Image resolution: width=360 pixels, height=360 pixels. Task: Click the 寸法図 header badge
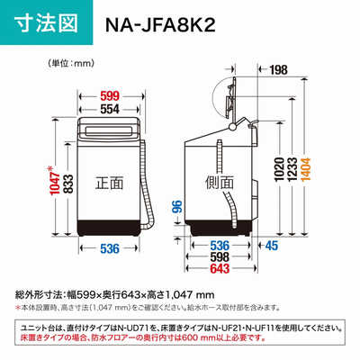pos(44,22)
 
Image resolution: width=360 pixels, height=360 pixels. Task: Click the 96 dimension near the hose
pos(179,209)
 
